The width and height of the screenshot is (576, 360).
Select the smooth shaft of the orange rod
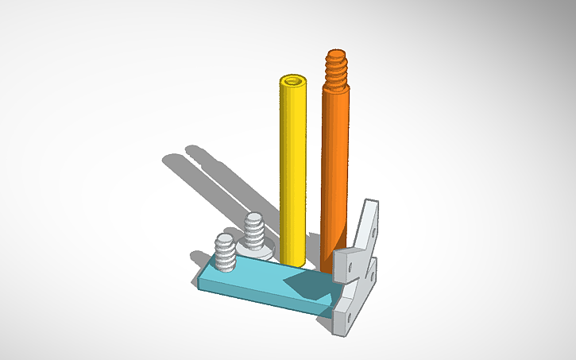point(334,159)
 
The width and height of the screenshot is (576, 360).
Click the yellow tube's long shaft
point(293,167)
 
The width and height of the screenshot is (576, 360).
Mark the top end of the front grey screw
point(225,238)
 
